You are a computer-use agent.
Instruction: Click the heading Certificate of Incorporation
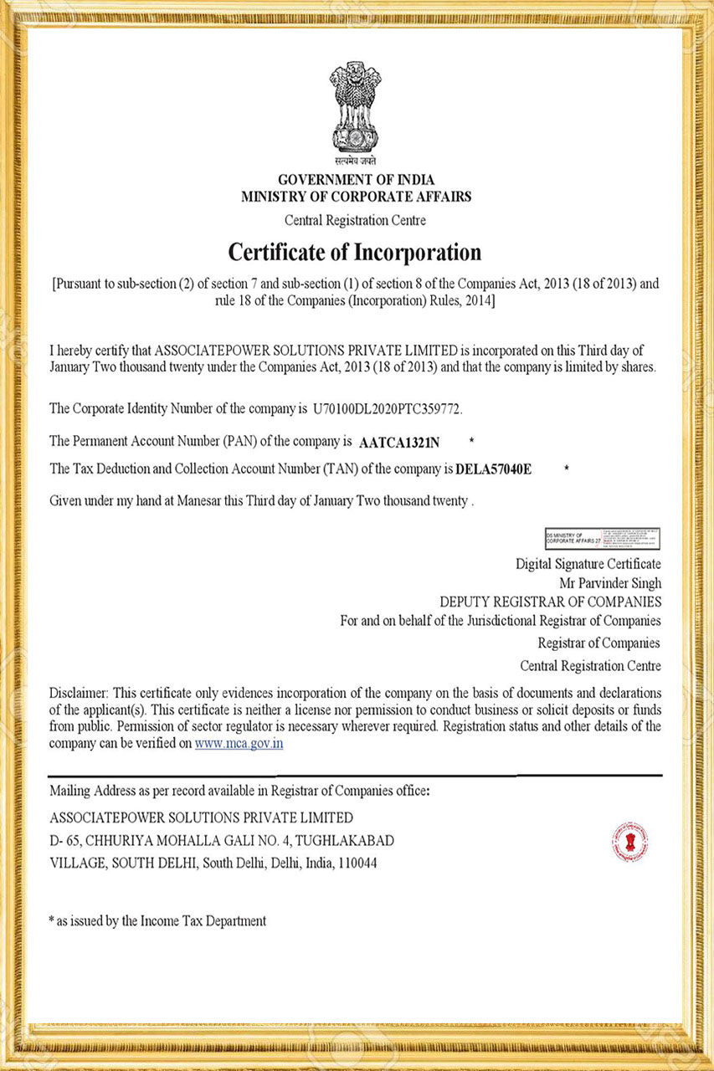pos(356,252)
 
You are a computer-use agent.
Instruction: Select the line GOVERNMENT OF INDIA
pos(356,180)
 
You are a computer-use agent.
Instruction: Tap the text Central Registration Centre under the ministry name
pos(356,221)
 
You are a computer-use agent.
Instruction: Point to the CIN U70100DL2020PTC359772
pos(388,410)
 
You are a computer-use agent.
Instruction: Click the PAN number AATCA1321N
pos(399,441)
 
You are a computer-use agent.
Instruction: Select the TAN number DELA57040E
pos(494,470)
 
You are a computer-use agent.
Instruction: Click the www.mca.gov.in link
pos(239,743)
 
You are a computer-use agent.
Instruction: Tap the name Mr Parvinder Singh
pos(610,583)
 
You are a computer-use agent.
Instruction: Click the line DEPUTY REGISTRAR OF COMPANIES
pos(550,602)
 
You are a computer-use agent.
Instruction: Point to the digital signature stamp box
pos(603,538)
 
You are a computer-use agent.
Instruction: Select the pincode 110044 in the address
pos(357,863)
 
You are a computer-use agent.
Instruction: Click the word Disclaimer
pos(79,694)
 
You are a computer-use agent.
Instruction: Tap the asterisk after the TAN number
pos(568,470)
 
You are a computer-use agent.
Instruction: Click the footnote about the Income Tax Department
pos(158,921)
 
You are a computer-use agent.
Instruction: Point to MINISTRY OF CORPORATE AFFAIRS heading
pos(356,197)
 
